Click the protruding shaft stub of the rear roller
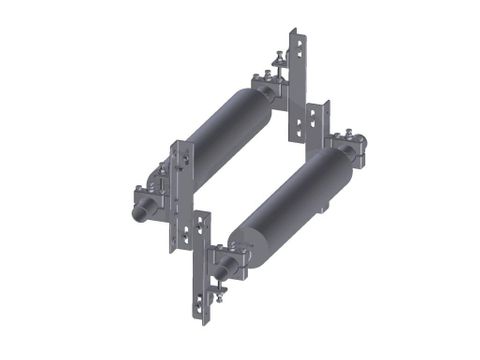(x=141, y=214)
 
